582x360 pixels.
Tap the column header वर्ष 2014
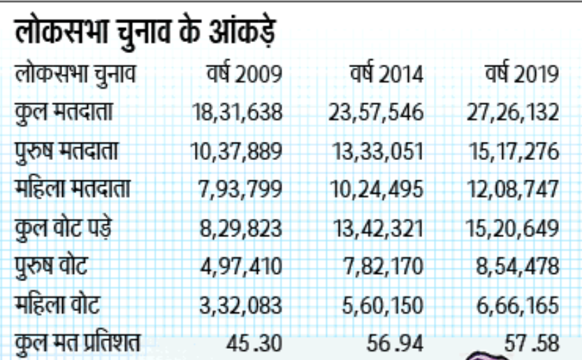[386, 75]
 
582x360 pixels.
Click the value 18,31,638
[236, 113]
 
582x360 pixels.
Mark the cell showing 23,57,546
[377, 113]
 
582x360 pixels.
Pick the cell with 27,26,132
[514, 113]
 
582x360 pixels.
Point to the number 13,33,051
[377, 151]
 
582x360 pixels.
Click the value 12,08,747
[514, 189]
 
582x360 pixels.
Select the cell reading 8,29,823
[241, 228]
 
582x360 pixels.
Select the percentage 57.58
[532, 343]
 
